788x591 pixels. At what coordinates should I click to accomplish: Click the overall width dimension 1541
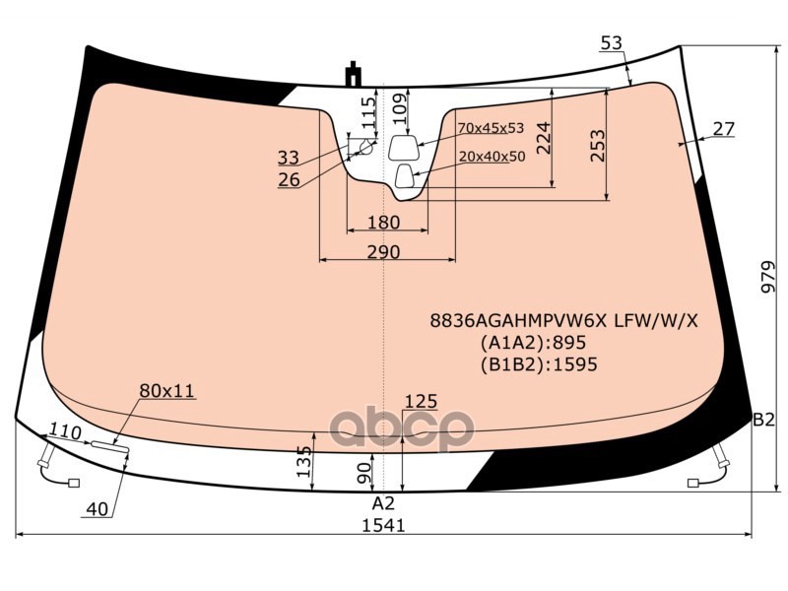[383, 526]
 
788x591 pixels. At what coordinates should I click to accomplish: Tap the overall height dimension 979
[768, 278]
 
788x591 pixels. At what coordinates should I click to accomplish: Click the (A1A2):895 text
[533, 343]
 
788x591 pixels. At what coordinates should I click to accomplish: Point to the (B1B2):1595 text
[539, 363]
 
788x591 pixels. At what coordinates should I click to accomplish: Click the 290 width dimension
[383, 251]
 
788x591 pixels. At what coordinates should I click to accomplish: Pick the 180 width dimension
[383, 223]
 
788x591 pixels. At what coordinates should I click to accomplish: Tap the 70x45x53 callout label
[491, 128]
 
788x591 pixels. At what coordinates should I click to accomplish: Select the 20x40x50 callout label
[492, 157]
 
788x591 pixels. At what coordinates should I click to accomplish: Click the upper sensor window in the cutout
[404, 147]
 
